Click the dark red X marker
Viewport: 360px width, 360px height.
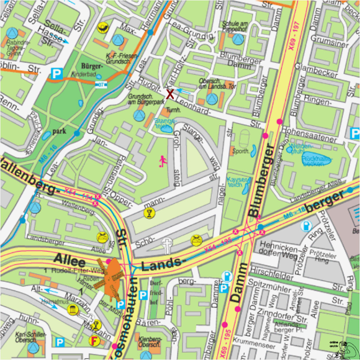click(x=170, y=94)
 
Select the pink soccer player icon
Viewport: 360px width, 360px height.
click(x=162, y=160)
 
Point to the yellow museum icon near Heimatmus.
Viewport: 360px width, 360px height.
click(x=72, y=310)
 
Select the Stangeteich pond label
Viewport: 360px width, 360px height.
click(x=165, y=124)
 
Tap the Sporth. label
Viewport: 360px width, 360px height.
click(x=241, y=152)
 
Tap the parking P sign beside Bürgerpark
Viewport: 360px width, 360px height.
click(x=57, y=73)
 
